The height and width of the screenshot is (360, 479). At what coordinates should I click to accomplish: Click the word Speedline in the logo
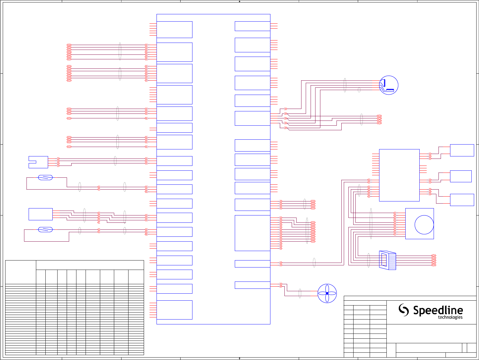[x=438, y=311]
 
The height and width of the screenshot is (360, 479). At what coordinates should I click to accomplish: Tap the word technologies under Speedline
[x=450, y=317]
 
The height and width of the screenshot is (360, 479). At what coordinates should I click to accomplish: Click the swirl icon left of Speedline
[x=404, y=310]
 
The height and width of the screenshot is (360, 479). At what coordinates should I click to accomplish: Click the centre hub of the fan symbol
[x=327, y=293]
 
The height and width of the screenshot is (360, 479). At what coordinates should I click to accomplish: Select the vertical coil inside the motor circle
[x=384, y=82]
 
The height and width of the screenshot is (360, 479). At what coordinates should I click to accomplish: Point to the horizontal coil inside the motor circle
[x=390, y=90]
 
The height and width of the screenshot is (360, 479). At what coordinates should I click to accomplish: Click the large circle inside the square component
[x=424, y=225]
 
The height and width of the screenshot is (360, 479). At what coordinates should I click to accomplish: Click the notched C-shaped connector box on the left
[x=39, y=162]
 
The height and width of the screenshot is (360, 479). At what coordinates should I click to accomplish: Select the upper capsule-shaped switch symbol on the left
[x=45, y=177]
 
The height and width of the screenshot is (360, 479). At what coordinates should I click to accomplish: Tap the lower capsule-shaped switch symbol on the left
[x=45, y=229]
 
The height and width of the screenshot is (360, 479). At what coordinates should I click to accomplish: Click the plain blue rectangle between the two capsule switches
[x=41, y=214]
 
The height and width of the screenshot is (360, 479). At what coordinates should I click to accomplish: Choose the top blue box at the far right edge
[x=462, y=150]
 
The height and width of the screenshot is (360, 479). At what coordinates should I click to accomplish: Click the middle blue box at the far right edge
[x=461, y=176]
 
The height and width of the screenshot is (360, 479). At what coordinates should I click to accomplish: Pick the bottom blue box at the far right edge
[x=462, y=200]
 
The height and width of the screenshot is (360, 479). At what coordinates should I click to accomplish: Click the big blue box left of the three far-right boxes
[x=399, y=175]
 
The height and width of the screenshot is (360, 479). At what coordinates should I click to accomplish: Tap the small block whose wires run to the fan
[x=252, y=285]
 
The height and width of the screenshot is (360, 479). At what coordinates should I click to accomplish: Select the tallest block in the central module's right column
[x=252, y=233]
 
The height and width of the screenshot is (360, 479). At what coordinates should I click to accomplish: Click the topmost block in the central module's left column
[x=174, y=30]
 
